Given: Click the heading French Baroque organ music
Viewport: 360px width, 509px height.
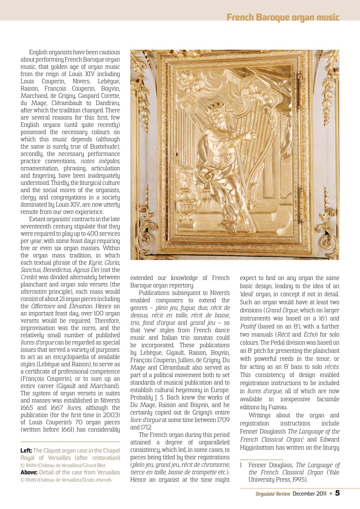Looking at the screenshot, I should click(283, 17).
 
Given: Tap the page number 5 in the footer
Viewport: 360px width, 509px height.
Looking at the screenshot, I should click(337, 493).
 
